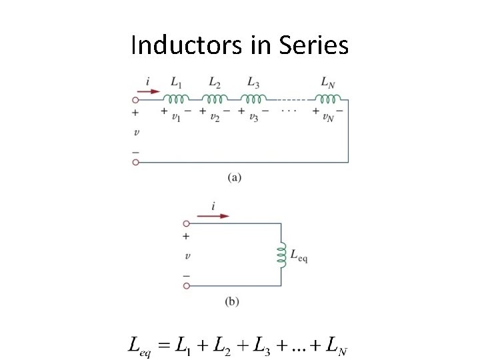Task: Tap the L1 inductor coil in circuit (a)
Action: tap(176, 99)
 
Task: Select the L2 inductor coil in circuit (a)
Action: tap(215, 99)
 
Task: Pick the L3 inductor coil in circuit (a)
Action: tap(253, 99)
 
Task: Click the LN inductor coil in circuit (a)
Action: tap(327, 99)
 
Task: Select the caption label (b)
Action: tap(232, 301)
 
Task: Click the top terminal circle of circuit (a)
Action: tap(136, 99)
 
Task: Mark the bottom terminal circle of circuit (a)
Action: tap(136, 162)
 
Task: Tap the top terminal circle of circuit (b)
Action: tap(187, 223)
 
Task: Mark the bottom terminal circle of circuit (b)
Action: tap(187, 286)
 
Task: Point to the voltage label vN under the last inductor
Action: tap(327, 117)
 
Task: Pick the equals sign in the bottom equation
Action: tap(161, 345)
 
